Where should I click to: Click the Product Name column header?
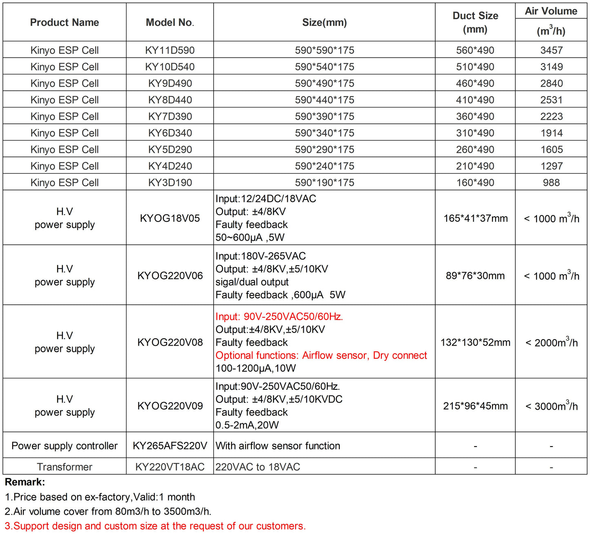(65, 22)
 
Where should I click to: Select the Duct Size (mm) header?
(475, 22)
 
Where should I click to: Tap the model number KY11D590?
(170, 50)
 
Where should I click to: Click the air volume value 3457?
(551, 50)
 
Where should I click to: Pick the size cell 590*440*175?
(325, 100)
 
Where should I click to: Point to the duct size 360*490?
(475, 116)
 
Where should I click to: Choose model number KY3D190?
(170, 183)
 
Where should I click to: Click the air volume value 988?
(551, 183)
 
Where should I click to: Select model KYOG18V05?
(170, 218)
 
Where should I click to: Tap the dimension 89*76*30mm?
(475, 276)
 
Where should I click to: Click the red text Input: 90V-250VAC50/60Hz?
(279, 317)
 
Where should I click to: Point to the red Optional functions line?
(321, 355)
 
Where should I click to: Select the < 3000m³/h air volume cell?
(551, 406)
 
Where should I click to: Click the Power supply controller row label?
(65, 446)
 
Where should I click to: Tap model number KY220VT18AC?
(170, 467)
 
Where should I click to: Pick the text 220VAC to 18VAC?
(258, 467)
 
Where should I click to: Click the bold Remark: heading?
(25, 482)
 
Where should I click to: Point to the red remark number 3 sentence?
(155, 526)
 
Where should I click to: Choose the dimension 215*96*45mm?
(475, 406)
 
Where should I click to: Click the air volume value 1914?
(551, 133)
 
